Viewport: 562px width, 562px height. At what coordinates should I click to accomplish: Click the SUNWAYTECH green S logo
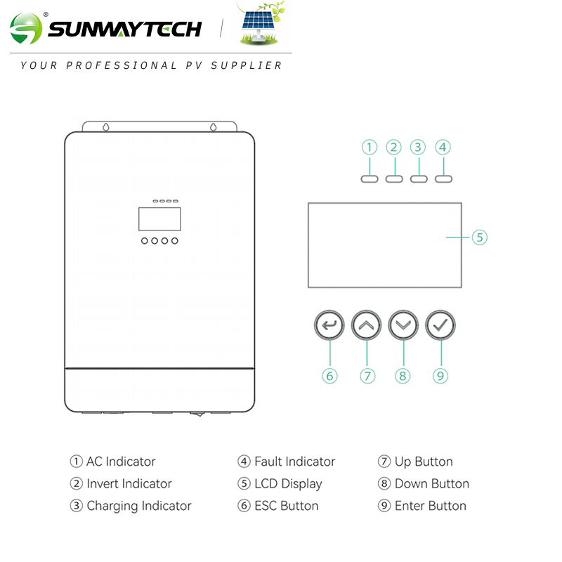point(27,30)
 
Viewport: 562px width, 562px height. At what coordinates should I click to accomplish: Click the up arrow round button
point(366,325)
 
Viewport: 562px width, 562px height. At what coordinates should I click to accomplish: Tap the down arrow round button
point(403,325)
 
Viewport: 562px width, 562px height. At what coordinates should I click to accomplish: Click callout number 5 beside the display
point(479,237)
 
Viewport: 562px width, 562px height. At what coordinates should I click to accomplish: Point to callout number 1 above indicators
point(370,148)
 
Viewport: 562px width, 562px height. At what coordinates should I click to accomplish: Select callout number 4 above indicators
point(442,148)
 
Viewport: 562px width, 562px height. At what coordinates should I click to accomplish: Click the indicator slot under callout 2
point(394,178)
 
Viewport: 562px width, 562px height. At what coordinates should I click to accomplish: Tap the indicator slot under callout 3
point(418,178)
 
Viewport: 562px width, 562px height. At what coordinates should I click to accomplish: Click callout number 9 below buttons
point(440,376)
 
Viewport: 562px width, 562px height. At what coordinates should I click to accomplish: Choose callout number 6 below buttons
point(330,376)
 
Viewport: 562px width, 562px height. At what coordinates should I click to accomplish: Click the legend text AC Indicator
point(120,462)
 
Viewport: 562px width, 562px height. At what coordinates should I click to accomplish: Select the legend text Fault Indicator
point(294,462)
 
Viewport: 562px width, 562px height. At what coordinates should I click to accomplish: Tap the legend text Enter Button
point(430,506)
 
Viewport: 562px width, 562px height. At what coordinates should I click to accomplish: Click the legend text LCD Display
point(287,484)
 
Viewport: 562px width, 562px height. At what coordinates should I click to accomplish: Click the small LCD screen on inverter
point(159,218)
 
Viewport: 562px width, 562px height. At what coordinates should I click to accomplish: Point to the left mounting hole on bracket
point(105,128)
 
